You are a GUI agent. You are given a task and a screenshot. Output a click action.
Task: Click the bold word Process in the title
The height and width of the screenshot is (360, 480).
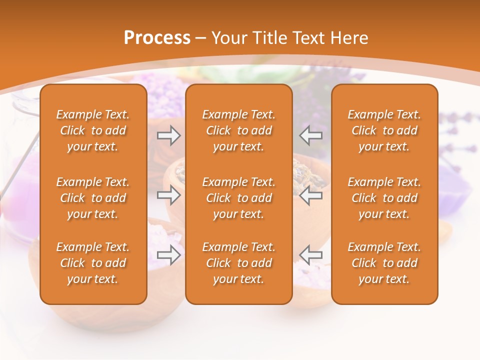157,38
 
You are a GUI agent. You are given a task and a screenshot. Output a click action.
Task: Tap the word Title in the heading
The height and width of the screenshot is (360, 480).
270,38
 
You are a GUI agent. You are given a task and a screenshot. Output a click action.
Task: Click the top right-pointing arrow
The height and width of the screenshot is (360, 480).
168,135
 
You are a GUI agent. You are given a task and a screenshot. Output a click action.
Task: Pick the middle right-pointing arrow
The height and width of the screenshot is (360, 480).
168,195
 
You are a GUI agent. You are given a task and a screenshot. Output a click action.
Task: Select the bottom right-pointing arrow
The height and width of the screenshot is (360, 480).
168,255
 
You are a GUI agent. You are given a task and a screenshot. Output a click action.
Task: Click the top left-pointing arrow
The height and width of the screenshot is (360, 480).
311,135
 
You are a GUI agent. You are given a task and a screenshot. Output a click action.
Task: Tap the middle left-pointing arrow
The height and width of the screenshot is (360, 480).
311,195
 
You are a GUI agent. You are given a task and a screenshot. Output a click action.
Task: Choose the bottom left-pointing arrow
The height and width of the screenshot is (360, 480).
311,255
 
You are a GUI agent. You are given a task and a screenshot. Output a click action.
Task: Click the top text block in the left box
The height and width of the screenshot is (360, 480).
93,130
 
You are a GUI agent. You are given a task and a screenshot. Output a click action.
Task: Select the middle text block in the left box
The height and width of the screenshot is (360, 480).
93,198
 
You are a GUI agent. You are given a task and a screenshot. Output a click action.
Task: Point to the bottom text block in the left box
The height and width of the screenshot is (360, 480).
93,263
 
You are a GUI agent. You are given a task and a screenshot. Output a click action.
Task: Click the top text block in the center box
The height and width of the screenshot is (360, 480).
238,130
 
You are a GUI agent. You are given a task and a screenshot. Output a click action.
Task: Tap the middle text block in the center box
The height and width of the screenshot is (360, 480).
238,198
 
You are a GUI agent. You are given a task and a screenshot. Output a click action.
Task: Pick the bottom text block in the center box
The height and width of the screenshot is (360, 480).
238,263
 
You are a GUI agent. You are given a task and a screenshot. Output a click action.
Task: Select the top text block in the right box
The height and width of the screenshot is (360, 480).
384,130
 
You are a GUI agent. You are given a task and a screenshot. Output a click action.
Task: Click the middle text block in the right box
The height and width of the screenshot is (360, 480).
384,198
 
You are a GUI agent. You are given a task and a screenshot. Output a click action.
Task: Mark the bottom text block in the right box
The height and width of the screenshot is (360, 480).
384,263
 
